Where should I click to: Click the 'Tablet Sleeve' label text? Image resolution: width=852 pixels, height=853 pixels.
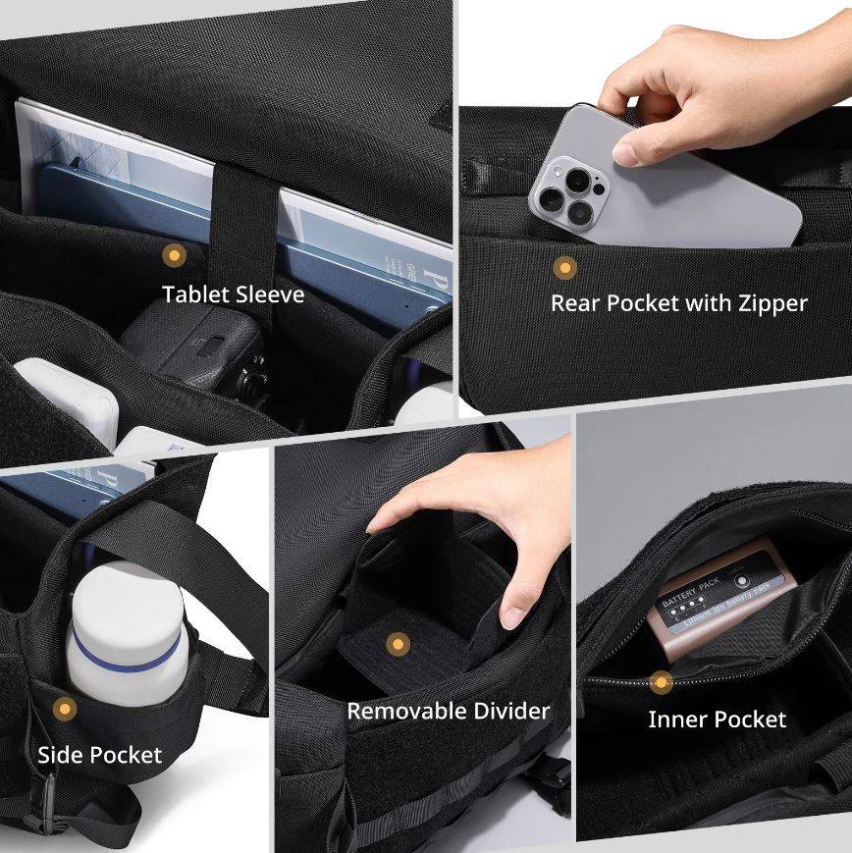(x=234, y=294)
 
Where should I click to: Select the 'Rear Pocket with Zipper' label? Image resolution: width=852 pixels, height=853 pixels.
(x=678, y=303)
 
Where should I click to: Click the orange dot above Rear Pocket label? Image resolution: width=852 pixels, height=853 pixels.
(x=564, y=267)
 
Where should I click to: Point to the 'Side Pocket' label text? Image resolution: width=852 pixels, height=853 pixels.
(x=100, y=755)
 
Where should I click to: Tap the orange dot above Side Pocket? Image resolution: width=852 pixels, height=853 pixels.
(x=65, y=708)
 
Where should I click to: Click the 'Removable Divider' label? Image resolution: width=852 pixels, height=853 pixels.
(x=449, y=711)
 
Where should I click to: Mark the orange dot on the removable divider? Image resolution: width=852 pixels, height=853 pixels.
(x=397, y=645)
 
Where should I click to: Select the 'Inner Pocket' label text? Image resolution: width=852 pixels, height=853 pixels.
(x=717, y=720)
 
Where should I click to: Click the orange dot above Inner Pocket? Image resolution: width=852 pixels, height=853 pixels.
(x=662, y=681)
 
